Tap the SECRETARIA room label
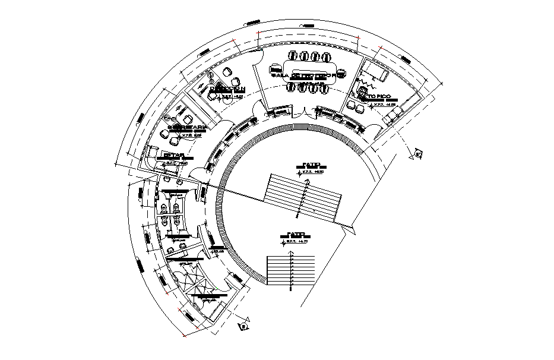point(187,128)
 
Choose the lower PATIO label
point(296,234)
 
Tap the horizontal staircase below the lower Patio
point(292,270)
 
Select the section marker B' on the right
point(418,156)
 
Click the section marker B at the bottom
point(243,326)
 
